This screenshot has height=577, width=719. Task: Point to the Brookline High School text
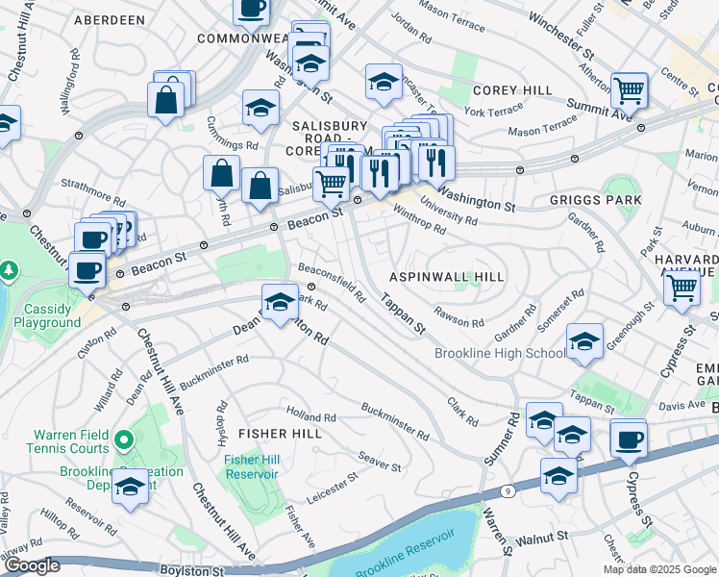499,353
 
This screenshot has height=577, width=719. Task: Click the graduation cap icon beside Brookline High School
584,343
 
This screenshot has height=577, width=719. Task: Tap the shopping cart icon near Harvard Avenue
682,287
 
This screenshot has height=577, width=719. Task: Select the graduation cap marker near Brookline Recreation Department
130,489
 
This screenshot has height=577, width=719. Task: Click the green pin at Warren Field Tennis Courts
122,440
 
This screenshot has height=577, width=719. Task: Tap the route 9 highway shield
505,490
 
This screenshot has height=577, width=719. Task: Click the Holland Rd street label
310,416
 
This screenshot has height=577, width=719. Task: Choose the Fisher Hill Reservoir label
252,466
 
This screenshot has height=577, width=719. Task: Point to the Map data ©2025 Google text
658,569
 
